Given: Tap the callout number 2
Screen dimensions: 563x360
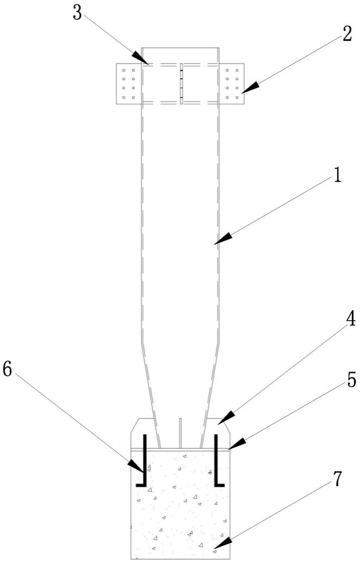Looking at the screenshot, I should point(345,34).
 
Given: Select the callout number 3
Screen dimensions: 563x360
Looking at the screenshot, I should point(77,13).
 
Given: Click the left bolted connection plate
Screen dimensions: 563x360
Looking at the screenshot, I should point(128,83).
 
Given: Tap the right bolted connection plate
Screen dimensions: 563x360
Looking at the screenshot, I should point(232,83).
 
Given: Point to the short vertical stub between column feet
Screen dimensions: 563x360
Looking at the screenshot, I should point(180,433).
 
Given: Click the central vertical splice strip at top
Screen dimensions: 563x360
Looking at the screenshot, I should point(180,83).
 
